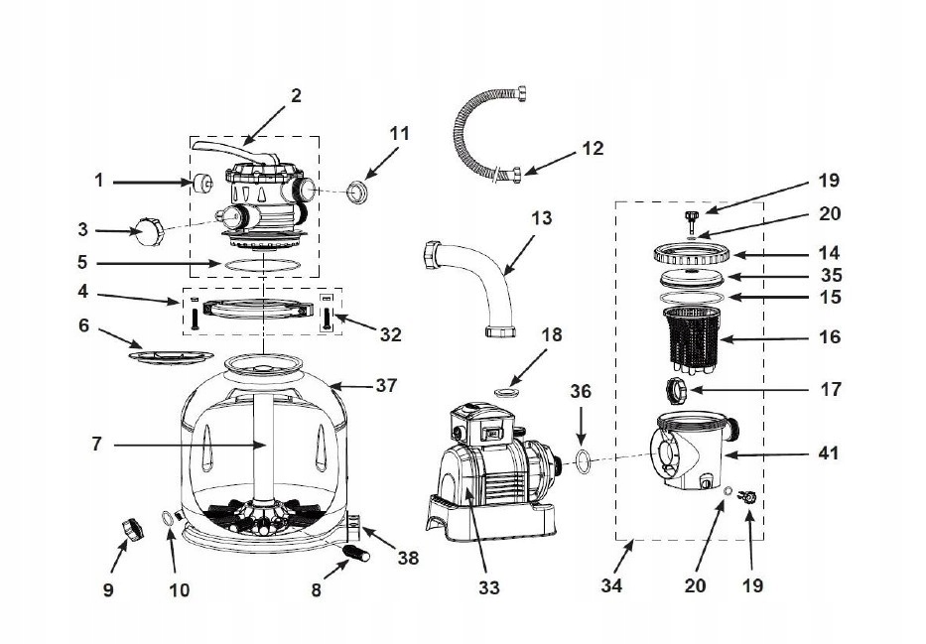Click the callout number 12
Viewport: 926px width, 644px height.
(x=593, y=150)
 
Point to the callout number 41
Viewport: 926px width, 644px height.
(x=828, y=453)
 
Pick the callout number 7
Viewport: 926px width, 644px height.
(x=96, y=444)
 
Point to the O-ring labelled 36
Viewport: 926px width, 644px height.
(x=587, y=459)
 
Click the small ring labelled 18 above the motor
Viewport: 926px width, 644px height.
(x=510, y=395)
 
